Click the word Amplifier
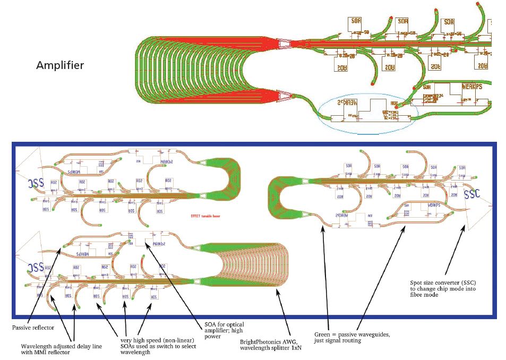pyautogui.click(x=60, y=65)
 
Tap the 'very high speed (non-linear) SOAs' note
pyautogui.click(x=158, y=342)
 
